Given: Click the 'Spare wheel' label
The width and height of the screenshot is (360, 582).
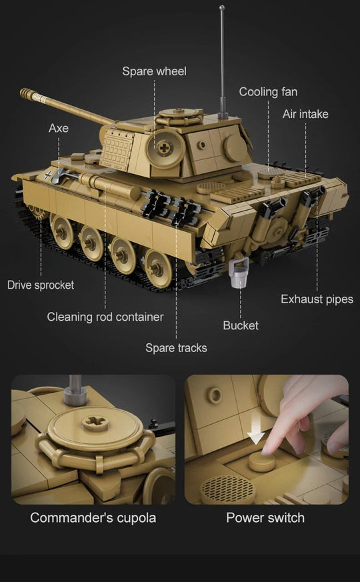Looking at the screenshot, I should click(x=154, y=71).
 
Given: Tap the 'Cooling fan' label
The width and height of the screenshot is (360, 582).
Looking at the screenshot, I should click(x=268, y=92).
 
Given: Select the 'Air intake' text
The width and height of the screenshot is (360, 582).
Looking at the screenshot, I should click(x=305, y=114).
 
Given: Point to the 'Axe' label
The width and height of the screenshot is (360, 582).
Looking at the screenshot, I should click(x=59, y=128).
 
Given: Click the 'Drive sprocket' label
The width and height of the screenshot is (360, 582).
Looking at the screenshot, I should click(x=41, y=285).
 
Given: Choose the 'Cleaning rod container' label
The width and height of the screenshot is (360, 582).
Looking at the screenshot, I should click(x=105, y=317).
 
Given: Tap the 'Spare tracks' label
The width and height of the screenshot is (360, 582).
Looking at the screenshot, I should click(x=176, y=347).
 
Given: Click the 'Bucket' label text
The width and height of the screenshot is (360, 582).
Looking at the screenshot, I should click(x=241, y=325).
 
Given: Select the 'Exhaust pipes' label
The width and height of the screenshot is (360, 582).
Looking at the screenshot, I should click(x=317, y=299).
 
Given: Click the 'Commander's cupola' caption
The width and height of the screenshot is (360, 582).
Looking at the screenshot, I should click(x=93, y=518).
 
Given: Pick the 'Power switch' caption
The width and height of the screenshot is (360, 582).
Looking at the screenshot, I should click(x=265, y=518).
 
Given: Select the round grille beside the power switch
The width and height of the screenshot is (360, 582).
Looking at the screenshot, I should click(x=227, y=489).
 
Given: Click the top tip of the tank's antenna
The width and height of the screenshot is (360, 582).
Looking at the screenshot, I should click(x=221, y=7).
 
